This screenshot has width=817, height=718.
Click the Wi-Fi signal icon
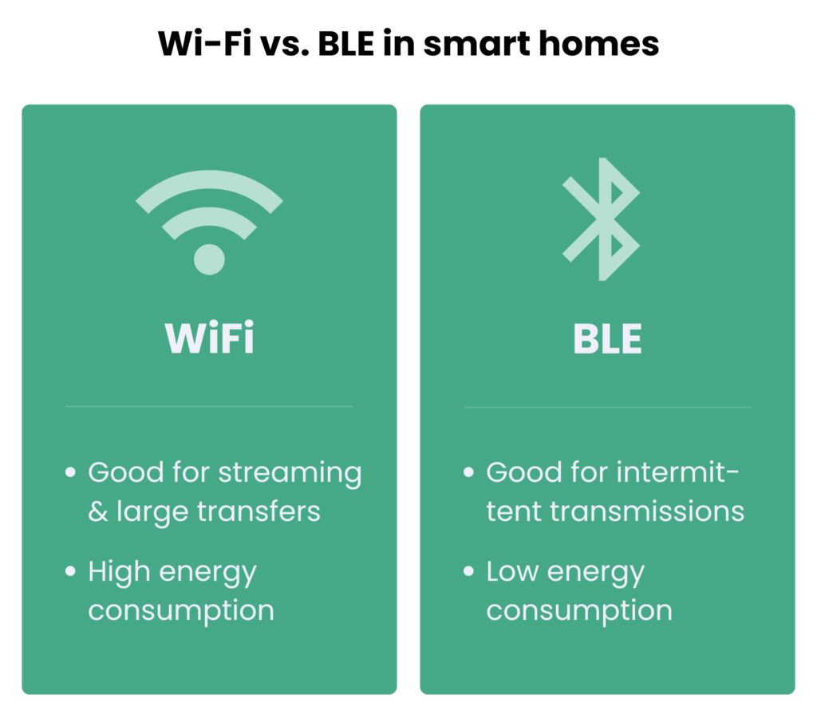(x=209, y=219)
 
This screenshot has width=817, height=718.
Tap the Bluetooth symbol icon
(x=602, y=219)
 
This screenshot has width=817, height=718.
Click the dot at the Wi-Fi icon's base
(x=209, y=258)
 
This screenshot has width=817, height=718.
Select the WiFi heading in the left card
(x=209, y=338)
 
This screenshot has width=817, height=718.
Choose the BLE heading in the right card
(x=607, y=338)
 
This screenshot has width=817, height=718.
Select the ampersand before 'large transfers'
(x=97, y=511)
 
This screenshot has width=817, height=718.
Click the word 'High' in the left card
(x=119, y=572)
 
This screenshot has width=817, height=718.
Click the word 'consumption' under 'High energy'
(x=181, y=611)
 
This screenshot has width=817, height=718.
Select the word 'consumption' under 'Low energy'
(x=579, y=611)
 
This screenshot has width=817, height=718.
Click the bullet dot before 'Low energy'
(x=468, y=571)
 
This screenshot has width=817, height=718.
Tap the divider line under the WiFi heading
(x=209, y=406)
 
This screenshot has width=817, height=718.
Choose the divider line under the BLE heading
(x=607, y=407)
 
